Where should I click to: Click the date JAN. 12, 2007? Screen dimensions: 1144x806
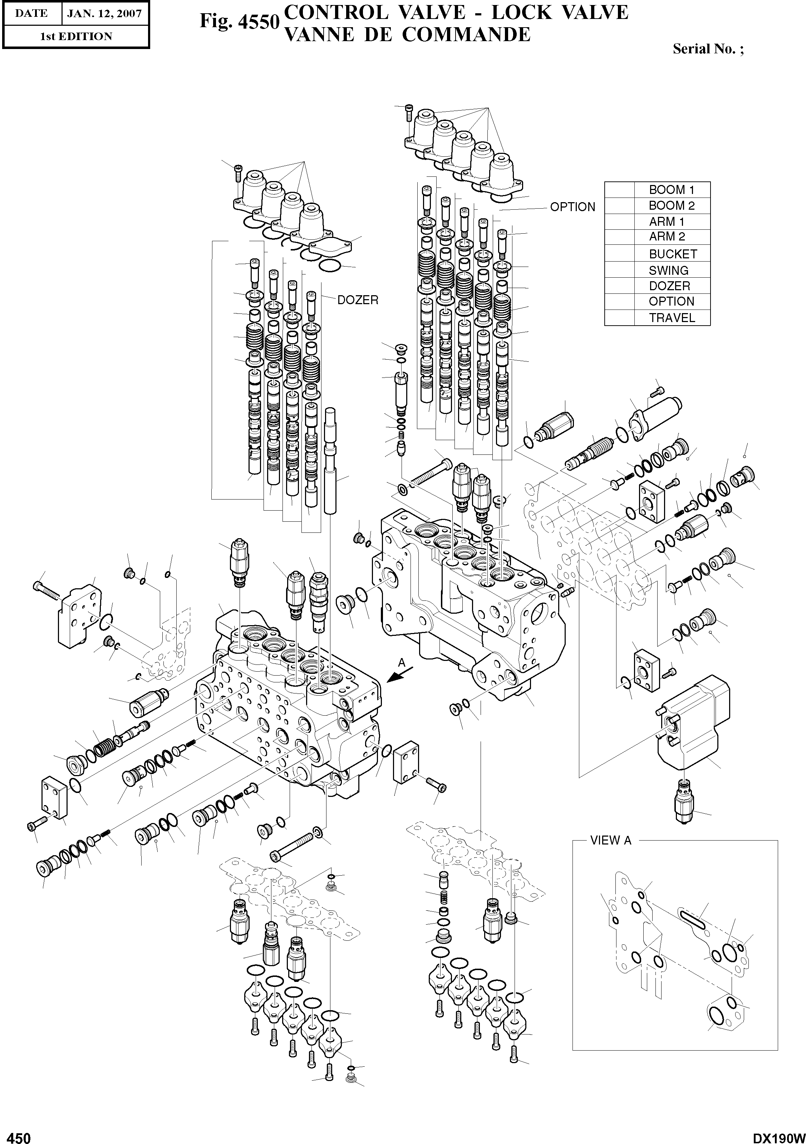point(104,14)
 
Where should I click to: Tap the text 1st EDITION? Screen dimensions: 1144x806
point(76,36)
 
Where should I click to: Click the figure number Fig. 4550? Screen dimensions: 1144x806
point(238,21)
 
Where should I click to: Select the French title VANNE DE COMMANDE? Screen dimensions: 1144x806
point(406,34)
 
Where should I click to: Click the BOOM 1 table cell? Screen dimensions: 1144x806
point(671,190)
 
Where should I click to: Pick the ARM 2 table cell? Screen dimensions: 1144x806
point(667,237)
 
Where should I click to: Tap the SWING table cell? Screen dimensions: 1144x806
point(668,271)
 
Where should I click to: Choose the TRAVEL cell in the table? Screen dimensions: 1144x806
point(672,318)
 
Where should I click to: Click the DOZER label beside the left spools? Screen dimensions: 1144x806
point(358,300)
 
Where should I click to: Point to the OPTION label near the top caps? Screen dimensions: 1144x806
point(572,207)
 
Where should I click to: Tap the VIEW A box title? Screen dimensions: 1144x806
point(610,841)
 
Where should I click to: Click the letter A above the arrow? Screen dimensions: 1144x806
point(402,663)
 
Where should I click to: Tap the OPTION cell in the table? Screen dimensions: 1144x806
point(671,301)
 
